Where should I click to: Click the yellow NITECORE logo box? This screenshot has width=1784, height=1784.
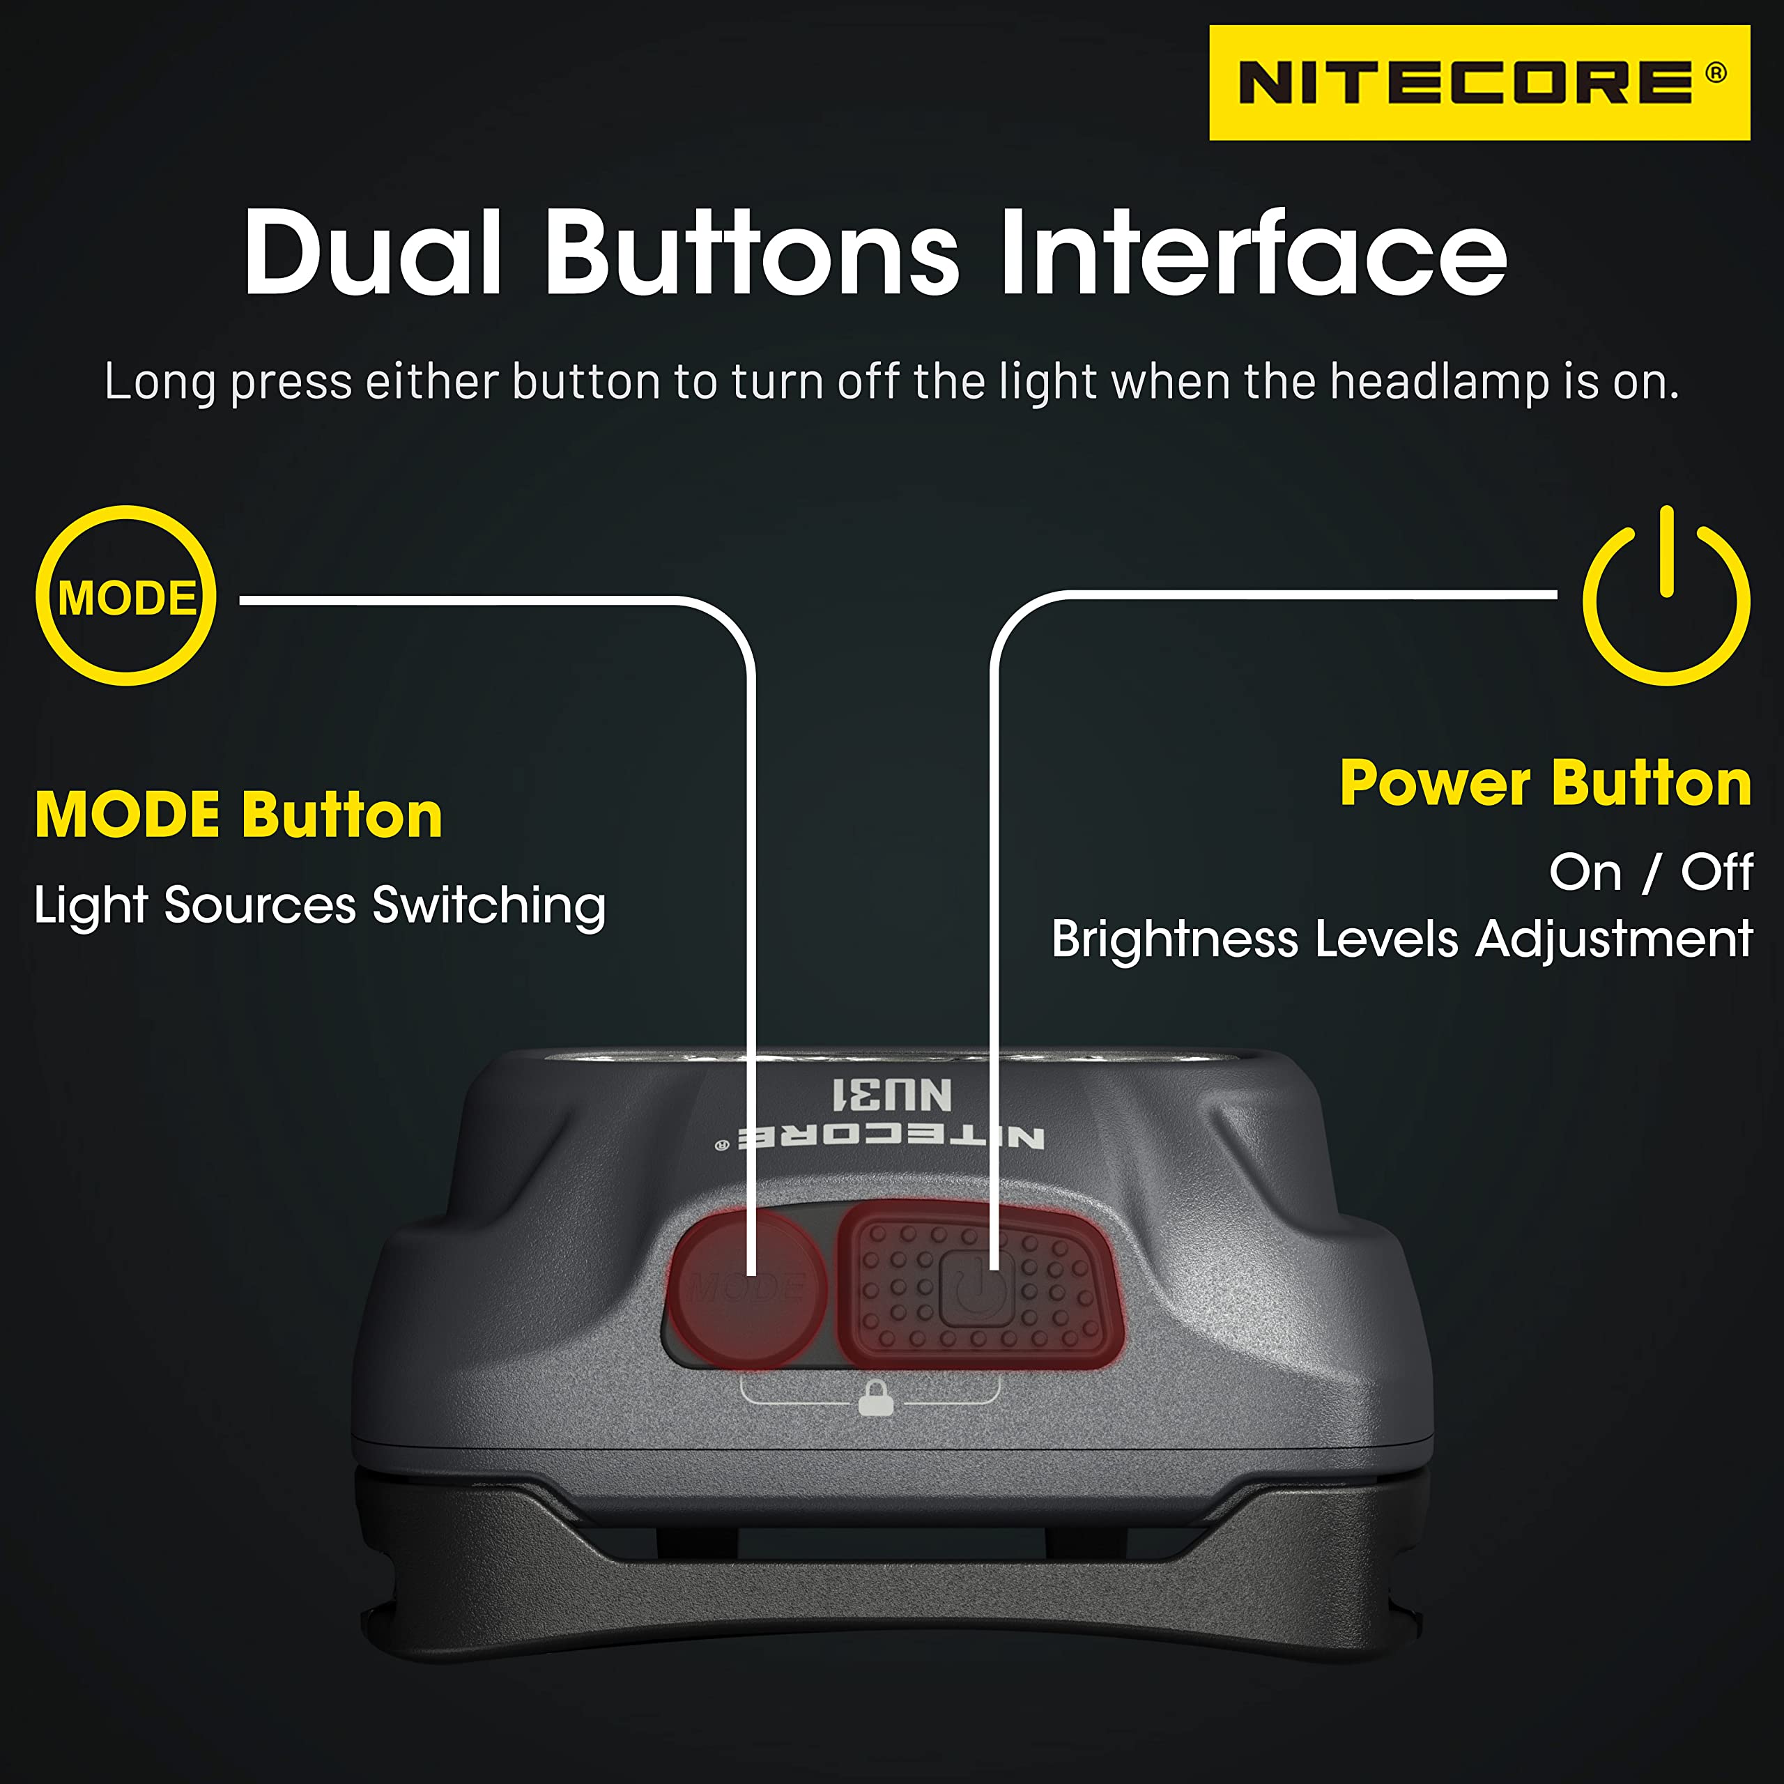pos(1479,83)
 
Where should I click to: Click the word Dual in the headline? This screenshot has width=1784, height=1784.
pos(373,252)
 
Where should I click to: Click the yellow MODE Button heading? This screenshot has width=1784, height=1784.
pos(239,815)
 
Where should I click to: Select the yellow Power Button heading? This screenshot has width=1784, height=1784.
pos(1546,783)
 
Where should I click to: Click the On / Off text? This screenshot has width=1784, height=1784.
pos(1651,872)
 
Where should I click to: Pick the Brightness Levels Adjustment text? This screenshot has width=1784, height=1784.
pos(1401,940)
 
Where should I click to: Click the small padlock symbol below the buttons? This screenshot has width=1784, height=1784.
pos(875,1397)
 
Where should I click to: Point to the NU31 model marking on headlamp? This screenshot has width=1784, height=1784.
pos(892,1094)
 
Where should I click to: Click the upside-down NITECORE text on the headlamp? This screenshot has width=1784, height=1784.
pos(882,1137)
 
